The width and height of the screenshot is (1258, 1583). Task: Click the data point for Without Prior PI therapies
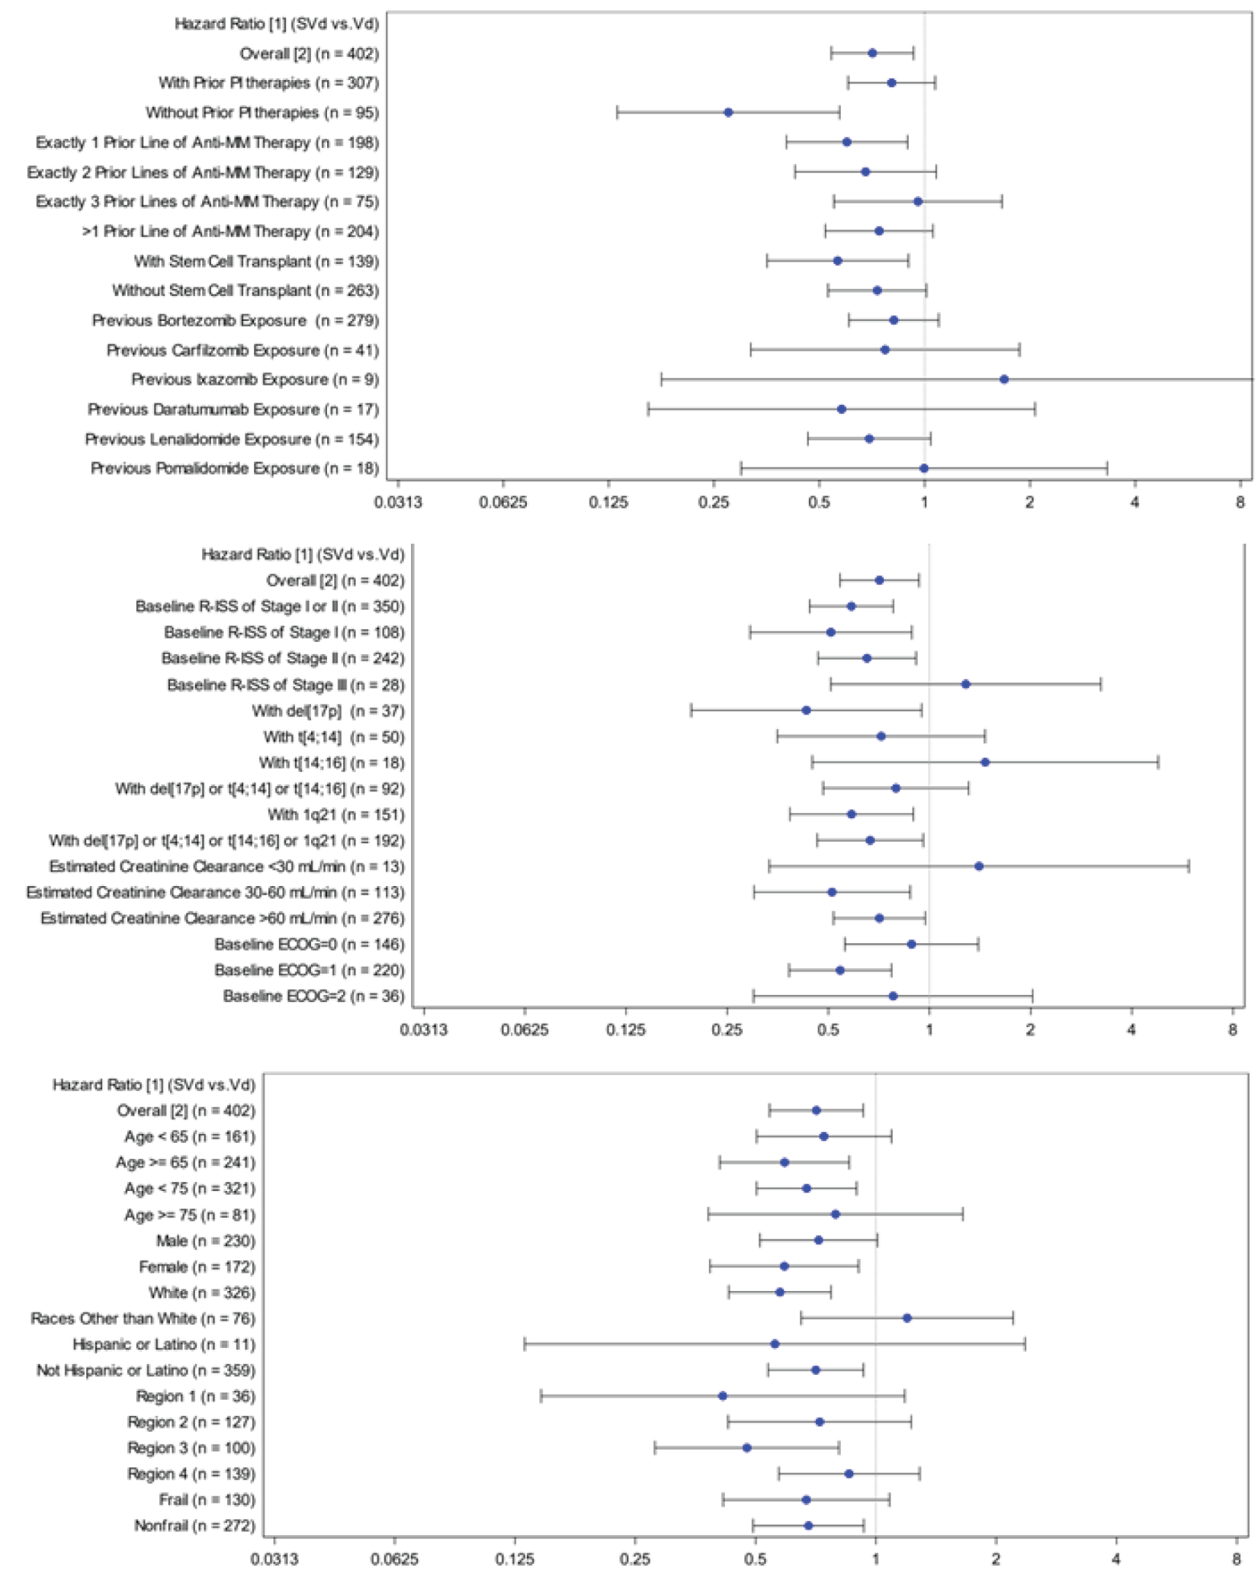[x=728, y=112]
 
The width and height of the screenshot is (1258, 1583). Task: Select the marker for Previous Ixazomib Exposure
[x=1004, y=379]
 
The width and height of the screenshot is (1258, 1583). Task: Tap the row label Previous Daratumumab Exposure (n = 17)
[x=233, y=409]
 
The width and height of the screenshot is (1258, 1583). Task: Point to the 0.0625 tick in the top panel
[x=503, y=503]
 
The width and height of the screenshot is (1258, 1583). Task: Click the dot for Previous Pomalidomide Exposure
[x=924, y=468]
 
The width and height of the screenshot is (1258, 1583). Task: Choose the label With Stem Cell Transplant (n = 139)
[x=256, y=262]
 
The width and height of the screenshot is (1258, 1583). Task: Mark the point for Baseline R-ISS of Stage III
[x=966, y=684]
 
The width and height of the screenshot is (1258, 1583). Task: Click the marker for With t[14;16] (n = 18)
[x=985, y=762]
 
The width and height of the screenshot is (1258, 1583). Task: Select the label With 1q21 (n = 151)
[x=335, y=814]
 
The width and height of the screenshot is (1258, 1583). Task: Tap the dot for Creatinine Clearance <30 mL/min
[x=979, y=866]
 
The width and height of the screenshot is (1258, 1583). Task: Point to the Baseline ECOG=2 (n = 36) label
[x=313, y=996]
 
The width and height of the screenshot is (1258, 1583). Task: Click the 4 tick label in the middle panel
[x=1131, y=1030]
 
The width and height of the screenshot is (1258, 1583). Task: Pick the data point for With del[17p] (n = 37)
[x=806, y=710]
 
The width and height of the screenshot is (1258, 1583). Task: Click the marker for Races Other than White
[x=907, y=1318]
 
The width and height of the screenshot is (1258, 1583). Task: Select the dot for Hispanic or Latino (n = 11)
[x=775, y=1344]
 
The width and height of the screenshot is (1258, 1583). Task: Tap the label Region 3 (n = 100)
[x=191, y=1447]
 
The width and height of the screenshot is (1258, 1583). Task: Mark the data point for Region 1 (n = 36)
[x=723, y=1395]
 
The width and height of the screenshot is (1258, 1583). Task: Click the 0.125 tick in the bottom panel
[x=515, y=1559]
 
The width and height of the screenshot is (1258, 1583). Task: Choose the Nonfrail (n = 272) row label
[x=194, y=1525]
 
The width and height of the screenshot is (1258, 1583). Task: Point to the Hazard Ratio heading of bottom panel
[x=153, y=1084]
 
